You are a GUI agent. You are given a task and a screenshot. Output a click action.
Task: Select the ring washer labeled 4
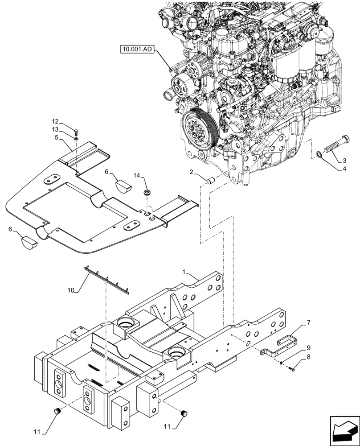click(x=319, y=155)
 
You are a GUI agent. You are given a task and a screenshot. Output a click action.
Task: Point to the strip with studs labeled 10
click(x=107, y=280)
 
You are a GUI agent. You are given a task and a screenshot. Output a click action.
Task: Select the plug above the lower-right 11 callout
click(x=183, y=413)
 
